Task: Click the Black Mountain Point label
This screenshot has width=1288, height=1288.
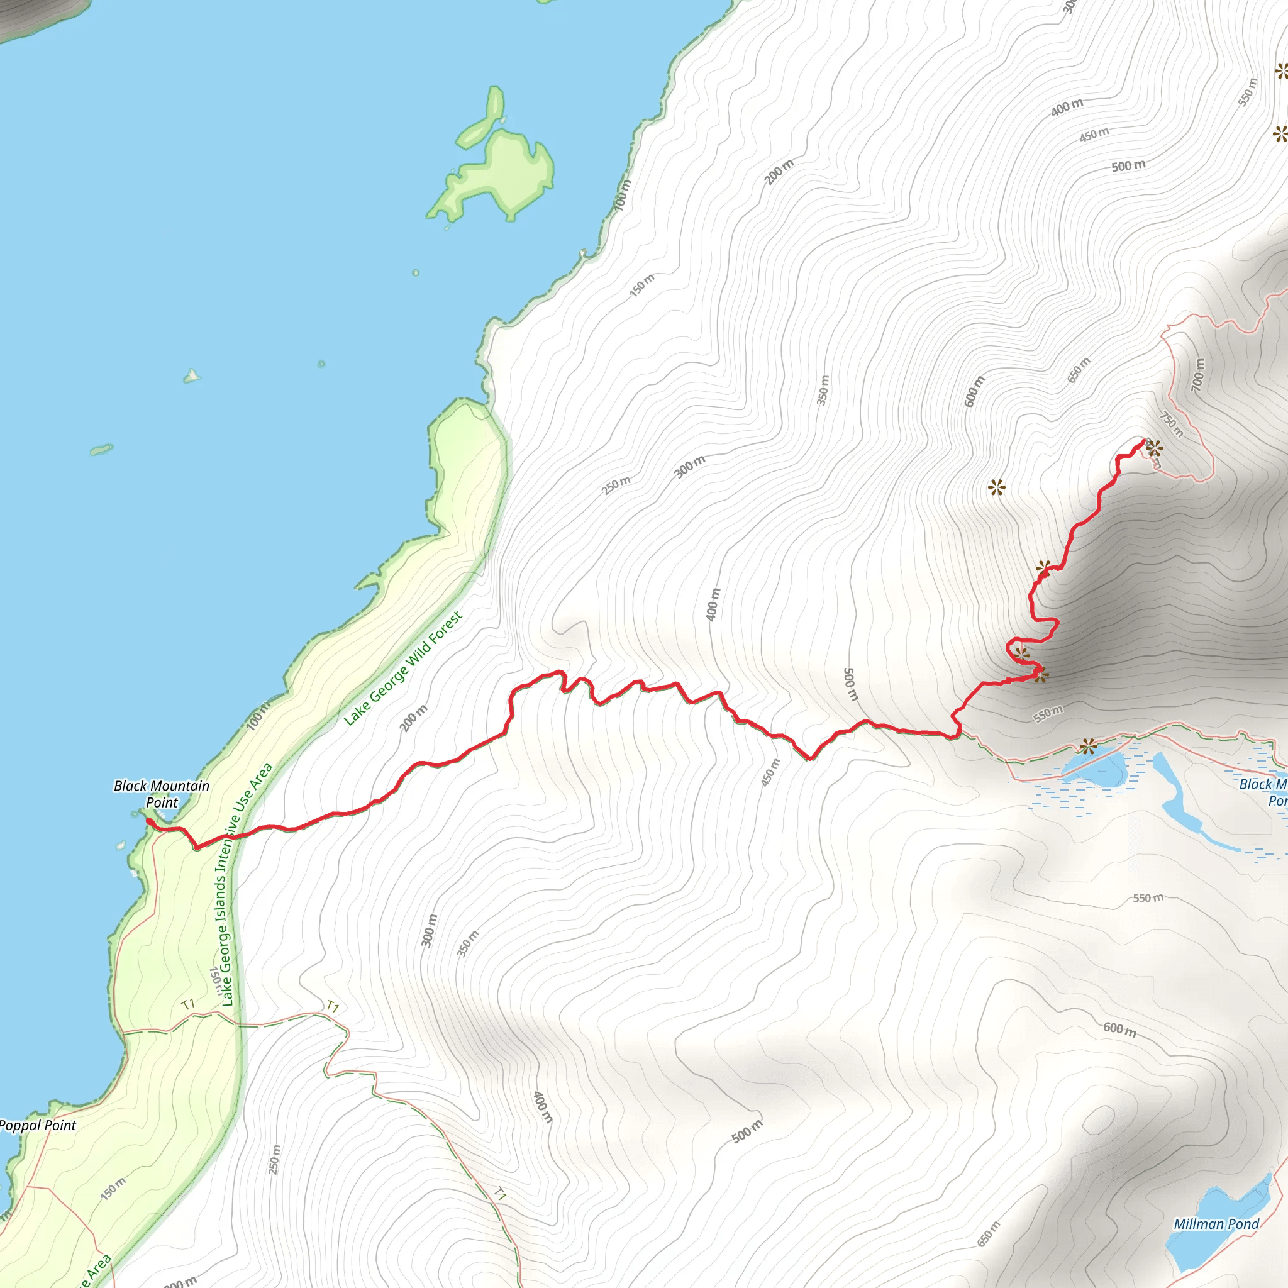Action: pos(162,793)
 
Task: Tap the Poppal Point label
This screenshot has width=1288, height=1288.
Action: pos(38,1126)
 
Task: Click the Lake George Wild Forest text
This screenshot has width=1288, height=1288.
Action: pos(402,669)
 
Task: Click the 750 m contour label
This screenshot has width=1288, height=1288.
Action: pos(1171,425)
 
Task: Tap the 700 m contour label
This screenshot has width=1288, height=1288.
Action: pos(1198,375)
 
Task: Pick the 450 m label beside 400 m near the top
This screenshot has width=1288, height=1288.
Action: pos(1094,134)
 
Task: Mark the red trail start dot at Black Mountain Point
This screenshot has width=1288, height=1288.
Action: pos(148,821)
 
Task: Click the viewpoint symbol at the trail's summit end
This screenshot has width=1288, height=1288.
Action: pos(1154,448)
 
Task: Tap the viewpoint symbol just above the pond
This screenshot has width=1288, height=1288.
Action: pos(1088,745)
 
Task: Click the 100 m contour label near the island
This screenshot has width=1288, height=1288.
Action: pos(621,196)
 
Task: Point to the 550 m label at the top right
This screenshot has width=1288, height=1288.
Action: pos(1247,92)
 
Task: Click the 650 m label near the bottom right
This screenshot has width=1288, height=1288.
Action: pos(989,1234)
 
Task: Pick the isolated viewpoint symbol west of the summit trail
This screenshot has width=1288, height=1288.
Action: pos(996,488)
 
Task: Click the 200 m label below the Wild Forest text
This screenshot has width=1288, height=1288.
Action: pos(414,718)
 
